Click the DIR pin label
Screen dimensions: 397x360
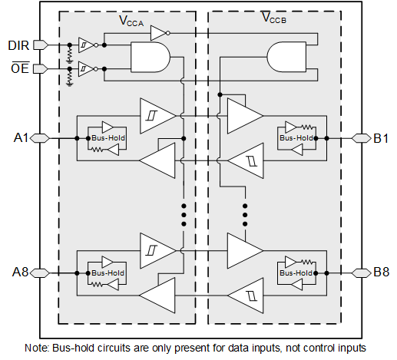(x=18, y=45)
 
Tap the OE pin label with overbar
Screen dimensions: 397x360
(x=20, y=68)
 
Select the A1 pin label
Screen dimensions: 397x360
(x=21, y=138)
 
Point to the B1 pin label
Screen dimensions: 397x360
(x=381, y=138)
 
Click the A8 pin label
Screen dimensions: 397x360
(x=20, y=272)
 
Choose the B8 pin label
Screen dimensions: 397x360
(x=382, y=272)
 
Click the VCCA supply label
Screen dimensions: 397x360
(x=131, y=21)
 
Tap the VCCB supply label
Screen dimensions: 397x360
(x=274, y=18)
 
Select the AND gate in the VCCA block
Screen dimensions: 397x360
(x=151, y=58)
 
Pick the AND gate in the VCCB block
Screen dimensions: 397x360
(x=286, y=57)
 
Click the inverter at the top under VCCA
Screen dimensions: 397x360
(x=160, y=33)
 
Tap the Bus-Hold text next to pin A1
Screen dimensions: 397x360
(x=108, y=138)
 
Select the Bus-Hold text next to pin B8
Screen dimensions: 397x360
(x=296, y=273)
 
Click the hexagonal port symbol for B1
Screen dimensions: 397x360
(x=361, y=138)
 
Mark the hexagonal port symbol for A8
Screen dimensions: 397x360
(x=40, y=273)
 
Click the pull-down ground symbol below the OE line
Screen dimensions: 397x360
(x=70, y=84)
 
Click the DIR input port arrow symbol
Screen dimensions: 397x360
(x=41, y=45)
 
